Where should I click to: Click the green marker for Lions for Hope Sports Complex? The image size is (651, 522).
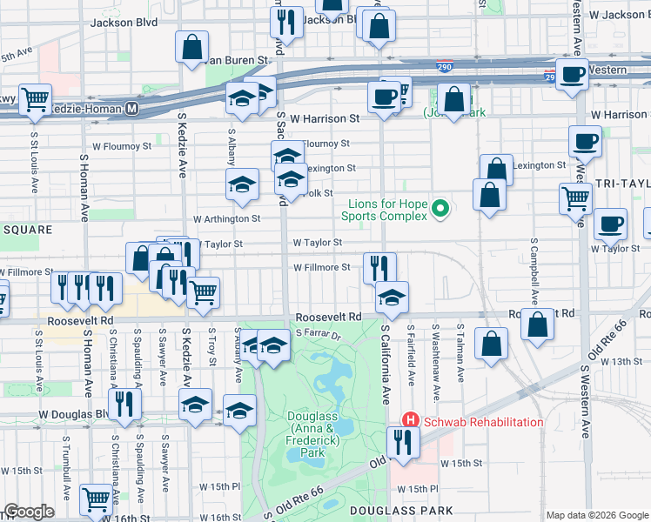[x=440, y=209]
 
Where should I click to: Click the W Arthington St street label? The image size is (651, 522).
[x=226, y=219]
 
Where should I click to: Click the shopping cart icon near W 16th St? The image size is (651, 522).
[x=97, y=499]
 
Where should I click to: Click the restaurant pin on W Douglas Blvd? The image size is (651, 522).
[x=125, y=404]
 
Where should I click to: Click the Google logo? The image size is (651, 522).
[x=29, y=512]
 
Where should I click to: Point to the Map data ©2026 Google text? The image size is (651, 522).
[x=596, y=514]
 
